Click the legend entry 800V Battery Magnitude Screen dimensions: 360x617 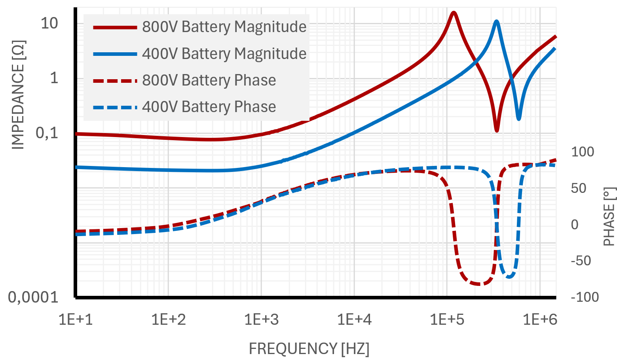pyautogui.click(x=224, y=27)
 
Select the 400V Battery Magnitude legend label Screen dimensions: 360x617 pyautogui.click(x=224, y=53)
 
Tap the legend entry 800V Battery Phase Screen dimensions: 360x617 pyautogui.click(x=209, y=80)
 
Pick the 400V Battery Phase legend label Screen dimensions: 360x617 pyautogui.click(x=209, y=107)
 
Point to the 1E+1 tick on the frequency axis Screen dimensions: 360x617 pyautogui.click(x=76, y=319)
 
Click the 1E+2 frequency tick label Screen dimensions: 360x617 pyautogui.click(x=169, y=319)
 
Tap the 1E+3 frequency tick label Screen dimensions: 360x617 pyautogui.click(x=262, y=319)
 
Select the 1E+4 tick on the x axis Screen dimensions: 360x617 pyautogui.click(x=354, y=319)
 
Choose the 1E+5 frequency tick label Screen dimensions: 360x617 pyautogui.click(x=447, y=319)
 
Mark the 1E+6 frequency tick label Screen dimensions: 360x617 pyautogui.click(x=540, y=319)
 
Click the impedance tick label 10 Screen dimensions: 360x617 pyautogui.click(x=49, y=23)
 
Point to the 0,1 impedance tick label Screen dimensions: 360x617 pyautogui.click(x=47, y=133)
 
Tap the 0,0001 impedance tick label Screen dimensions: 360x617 pyautogui.click(x=33, y=297)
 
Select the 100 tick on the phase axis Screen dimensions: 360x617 pyautogui.click(x=582, y=152)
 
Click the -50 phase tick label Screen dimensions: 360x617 pyautogui.click(x=581, y=261)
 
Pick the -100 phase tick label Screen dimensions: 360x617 pyautogui.click(x=585, y=297)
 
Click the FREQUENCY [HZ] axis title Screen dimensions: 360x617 pyautogui.click(x=309, y=349)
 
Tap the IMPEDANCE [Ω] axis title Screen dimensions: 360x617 pyautogui.click(x=18, y=95)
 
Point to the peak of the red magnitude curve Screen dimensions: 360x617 pyautogui.click(x=454, y=13)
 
